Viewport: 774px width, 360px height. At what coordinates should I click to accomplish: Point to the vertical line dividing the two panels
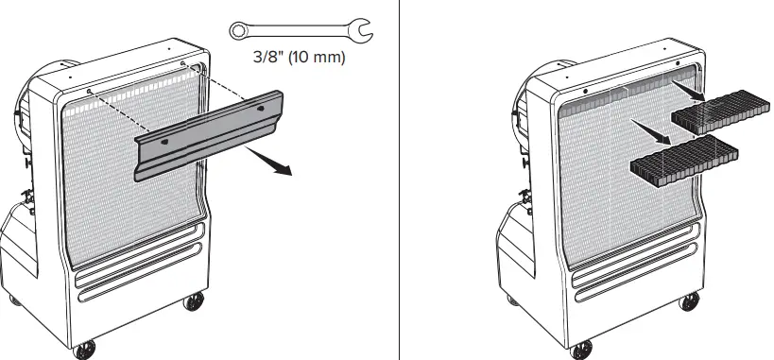pos(398,180)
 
